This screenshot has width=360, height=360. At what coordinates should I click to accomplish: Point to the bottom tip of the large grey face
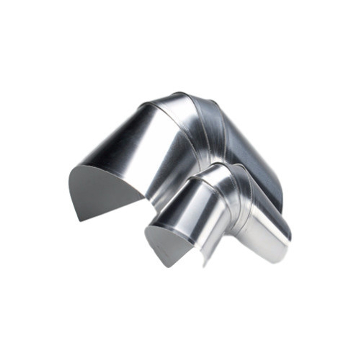pyautogui.click(x=80, y=221)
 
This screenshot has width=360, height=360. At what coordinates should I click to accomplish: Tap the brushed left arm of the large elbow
pyautogui.click(x=119, y=144)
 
